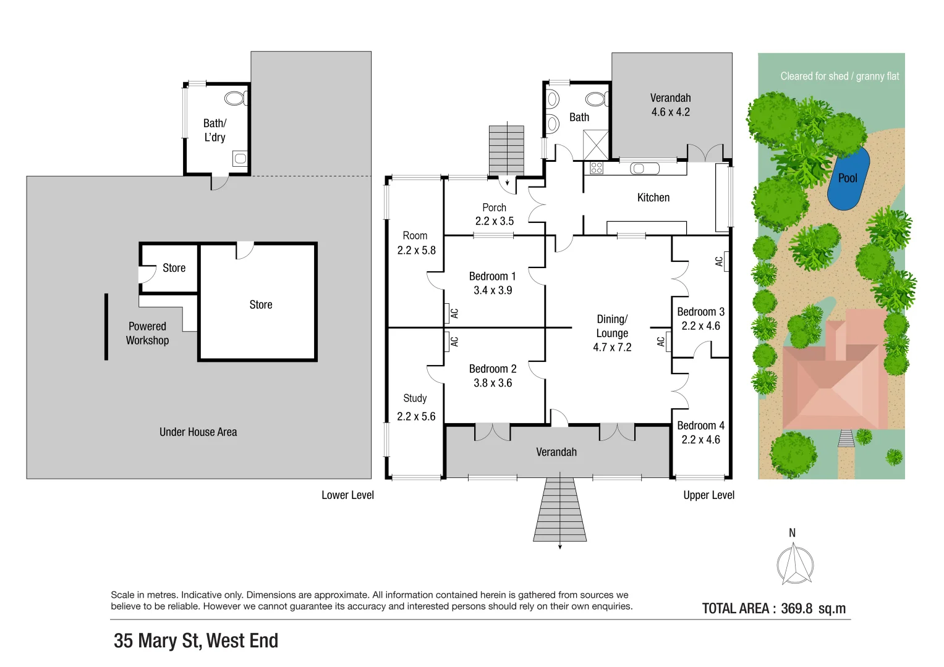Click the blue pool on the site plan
pos(848,178)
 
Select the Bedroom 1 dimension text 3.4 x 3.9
pos(493,290)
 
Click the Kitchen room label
pos(653,198)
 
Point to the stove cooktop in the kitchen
pos(596,167)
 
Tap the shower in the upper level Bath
pos(596,145)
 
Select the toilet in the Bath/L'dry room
pos(236,98)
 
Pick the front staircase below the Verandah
pos(560,510)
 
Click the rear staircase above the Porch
pos(506,150)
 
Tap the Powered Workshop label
pos(147,333)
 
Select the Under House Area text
pos(198,432)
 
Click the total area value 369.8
pos(796,608)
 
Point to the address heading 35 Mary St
pos(196,641)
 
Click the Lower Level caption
pos(347,495)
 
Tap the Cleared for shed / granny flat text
pos(839,77)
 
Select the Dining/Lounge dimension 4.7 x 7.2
pos(612,348)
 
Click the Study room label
pos(415,398)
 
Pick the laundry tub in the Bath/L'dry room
pos(240,159)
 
